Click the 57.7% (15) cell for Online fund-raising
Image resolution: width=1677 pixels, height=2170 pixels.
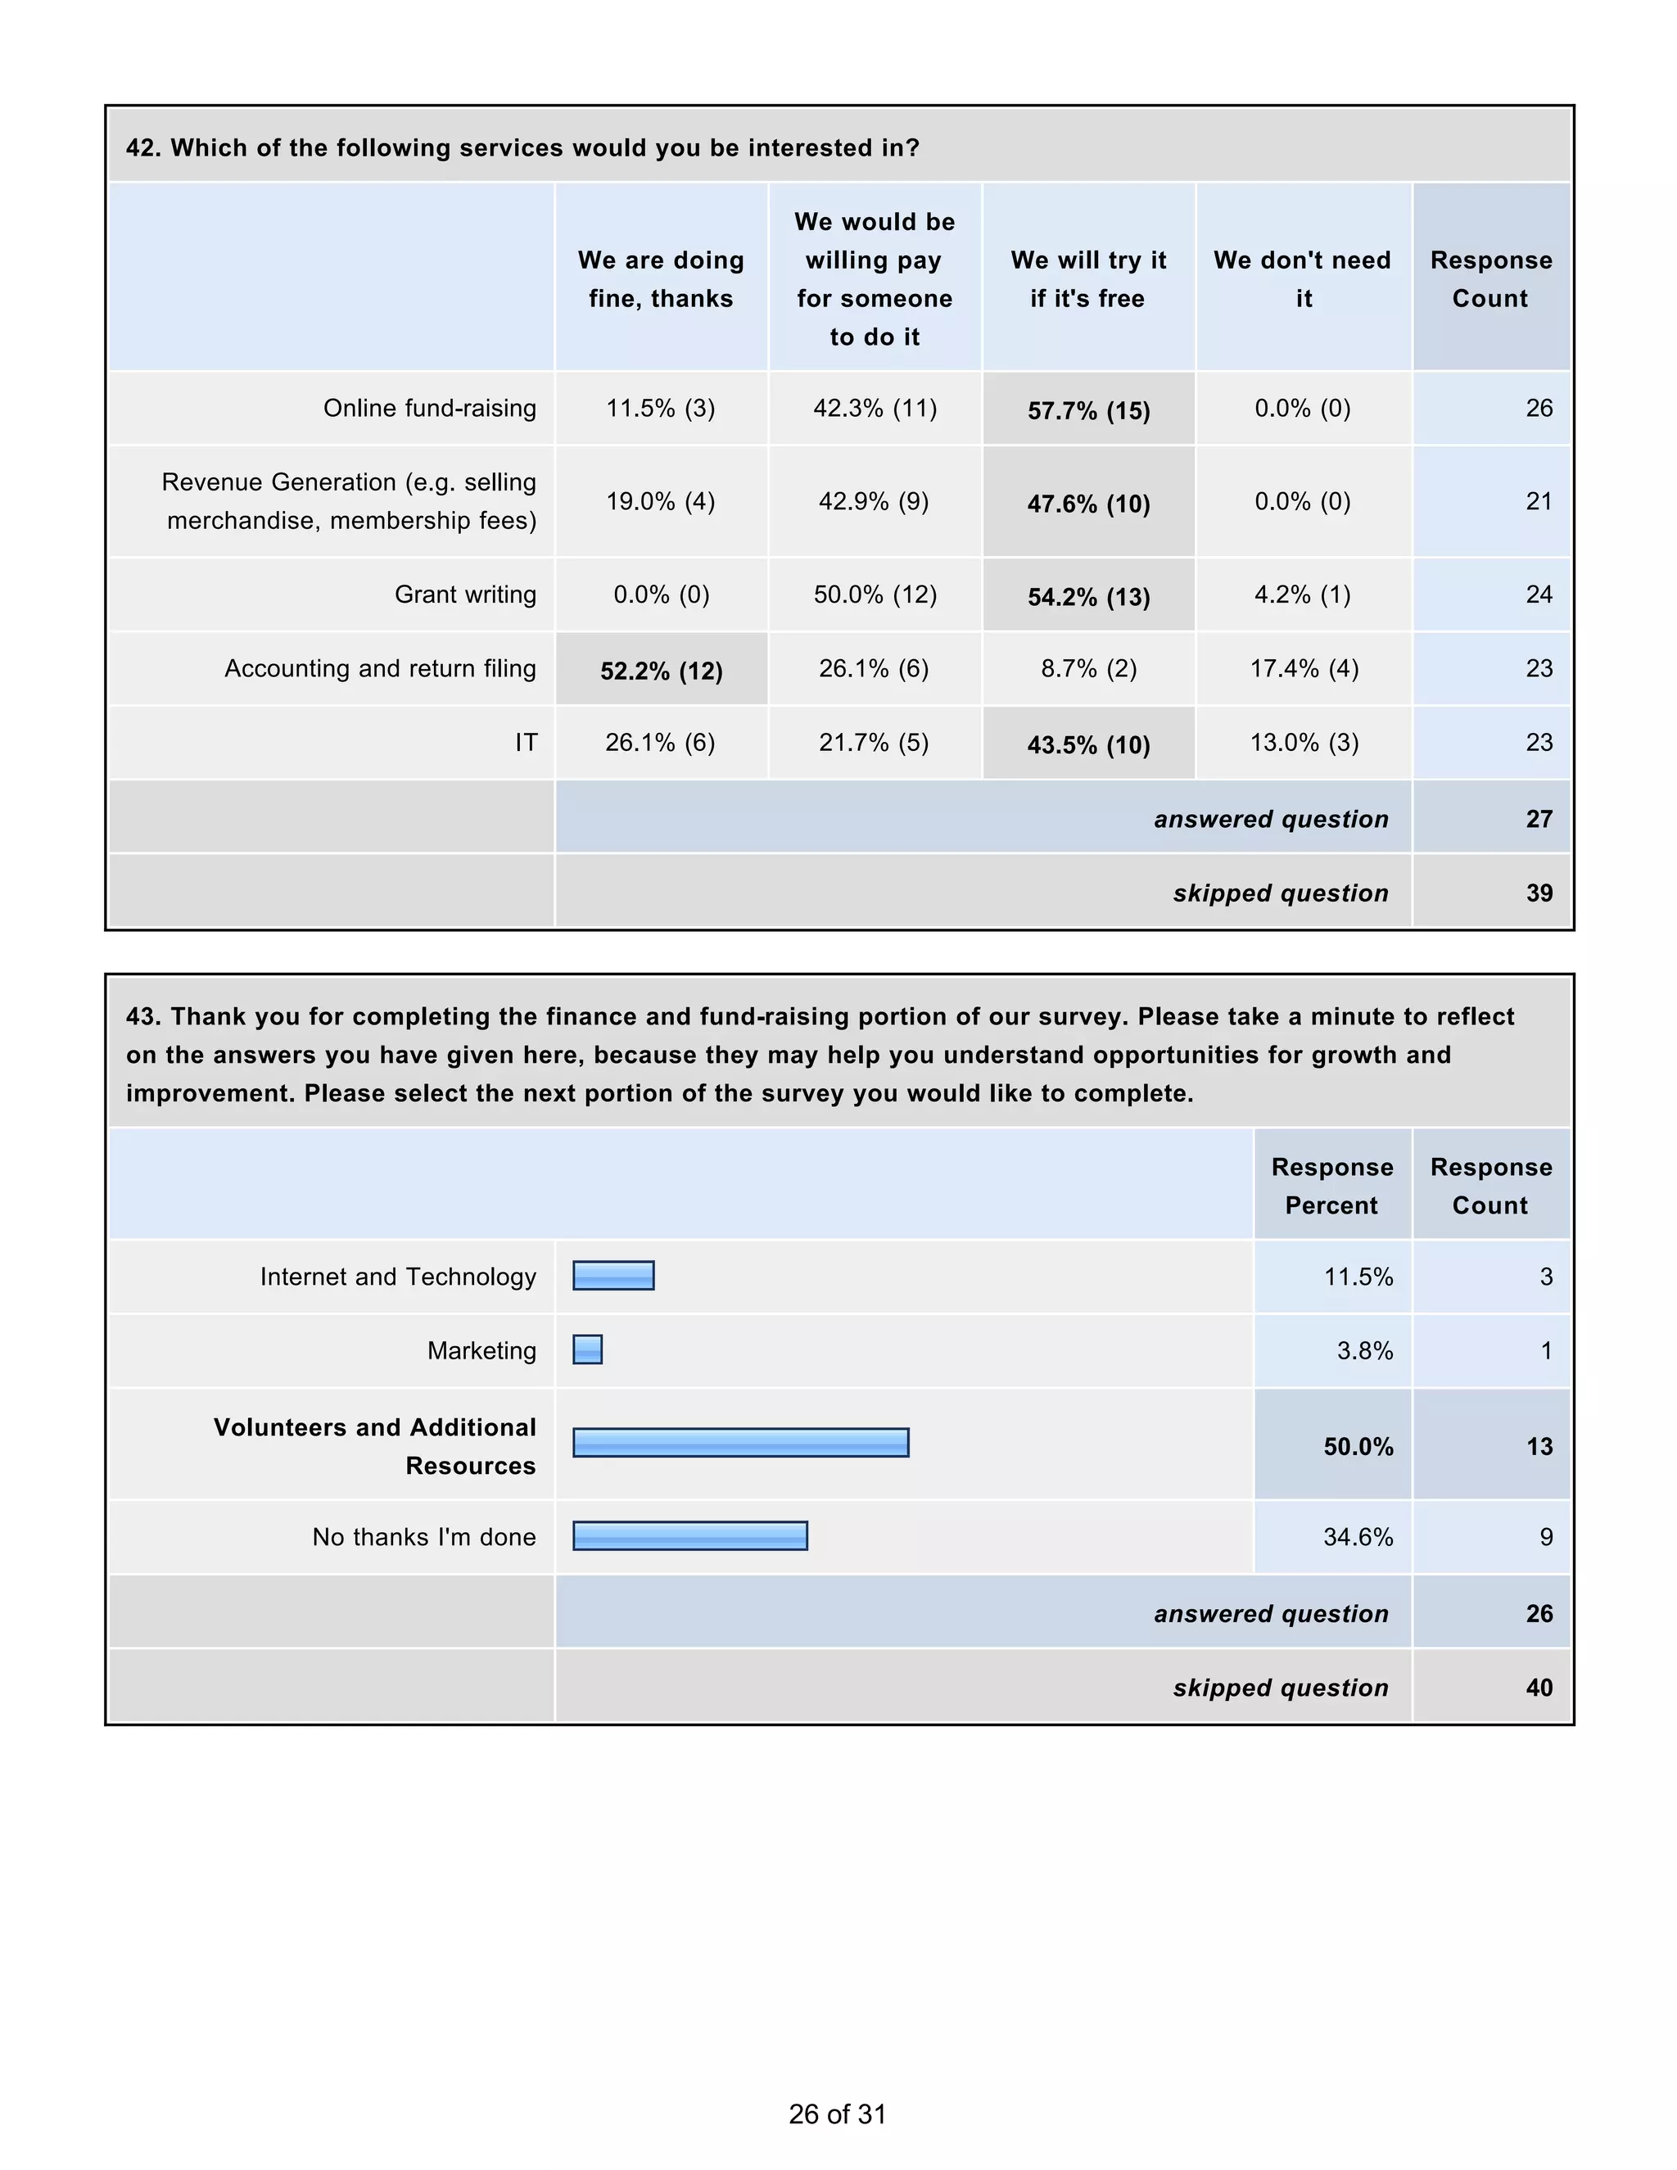1088,410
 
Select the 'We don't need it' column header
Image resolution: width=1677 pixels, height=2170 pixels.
1303,278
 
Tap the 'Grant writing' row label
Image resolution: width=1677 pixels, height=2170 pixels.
465,594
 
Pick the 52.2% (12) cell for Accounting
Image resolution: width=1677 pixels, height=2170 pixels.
661,671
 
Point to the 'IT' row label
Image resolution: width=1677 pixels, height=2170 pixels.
526,742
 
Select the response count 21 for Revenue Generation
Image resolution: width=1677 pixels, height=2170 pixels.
1538,501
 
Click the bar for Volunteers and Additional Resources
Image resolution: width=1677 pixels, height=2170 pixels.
740,1443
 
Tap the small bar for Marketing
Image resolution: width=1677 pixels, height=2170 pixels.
587,1349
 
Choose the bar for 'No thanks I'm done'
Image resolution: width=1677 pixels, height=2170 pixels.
689,1536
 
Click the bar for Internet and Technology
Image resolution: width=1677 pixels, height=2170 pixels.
613,1276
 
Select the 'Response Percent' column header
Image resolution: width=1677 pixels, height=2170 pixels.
1331,1186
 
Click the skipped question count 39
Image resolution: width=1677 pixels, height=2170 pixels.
1538,893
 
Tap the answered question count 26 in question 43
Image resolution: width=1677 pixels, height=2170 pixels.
1538,1614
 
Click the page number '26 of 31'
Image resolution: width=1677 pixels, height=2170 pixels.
837,2113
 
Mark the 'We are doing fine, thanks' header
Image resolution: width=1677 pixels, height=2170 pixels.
661,278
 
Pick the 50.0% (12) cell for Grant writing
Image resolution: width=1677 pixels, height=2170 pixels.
875,594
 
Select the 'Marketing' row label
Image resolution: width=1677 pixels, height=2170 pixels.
481,1350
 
